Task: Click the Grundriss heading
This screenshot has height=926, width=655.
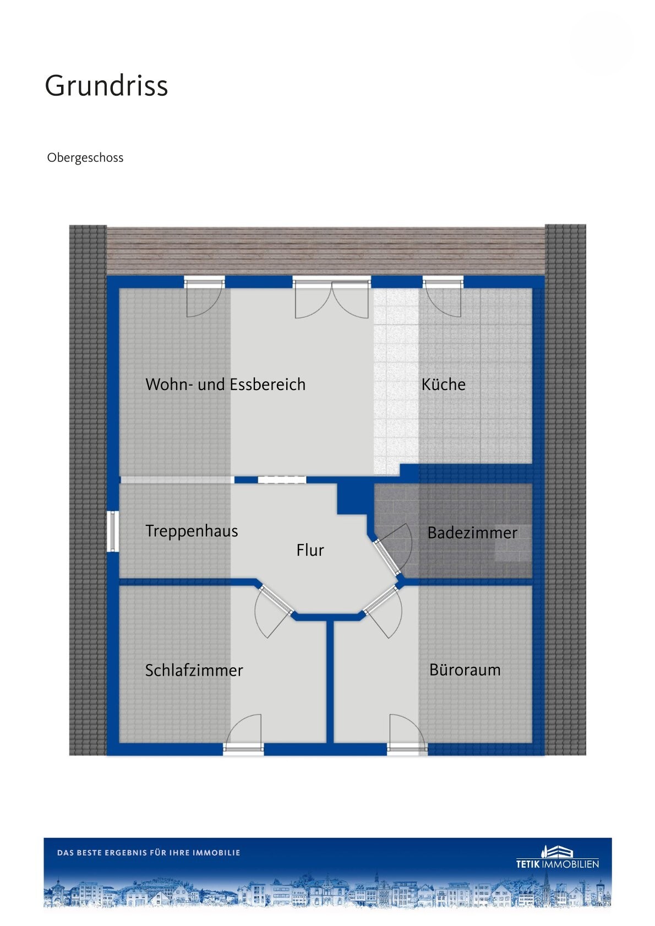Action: [x=106, y=86]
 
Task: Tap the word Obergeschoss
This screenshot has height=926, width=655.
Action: [x=85, y=157]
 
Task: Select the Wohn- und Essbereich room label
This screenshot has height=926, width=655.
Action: [x=225, y=385]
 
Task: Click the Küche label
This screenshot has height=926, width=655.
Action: [x=443, y=384]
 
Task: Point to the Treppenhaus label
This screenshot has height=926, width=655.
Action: [x=192, y=531]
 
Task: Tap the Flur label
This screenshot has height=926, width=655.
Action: [x=310, y=550]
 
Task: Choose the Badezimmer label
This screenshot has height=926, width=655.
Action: [x=472, y=533]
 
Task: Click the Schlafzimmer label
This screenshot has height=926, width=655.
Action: [x=194, y=670]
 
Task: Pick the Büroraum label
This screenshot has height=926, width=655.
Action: [x=465, y=670]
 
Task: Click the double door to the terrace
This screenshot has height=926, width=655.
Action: [x=332, y=298]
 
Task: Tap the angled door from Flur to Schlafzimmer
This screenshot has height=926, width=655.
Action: [x=273, y=611]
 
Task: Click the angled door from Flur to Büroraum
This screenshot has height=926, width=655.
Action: [x=383, y=611]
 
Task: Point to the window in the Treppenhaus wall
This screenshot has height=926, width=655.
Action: [x=112, y=531]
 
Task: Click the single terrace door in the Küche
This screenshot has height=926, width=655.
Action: [x=443, y=297]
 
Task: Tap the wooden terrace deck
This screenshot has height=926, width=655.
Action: [x=326, y=250]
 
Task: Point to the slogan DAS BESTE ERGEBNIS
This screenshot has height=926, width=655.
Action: [x=149, y=852]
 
